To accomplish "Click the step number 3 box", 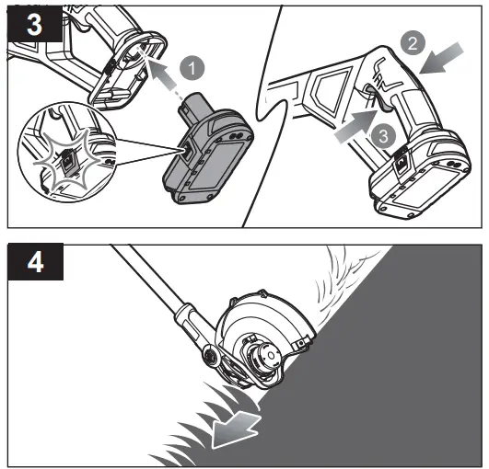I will [x=34, y=25].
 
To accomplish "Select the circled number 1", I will [x=191, y=66].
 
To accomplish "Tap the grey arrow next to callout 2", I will [x=441, y=63].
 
